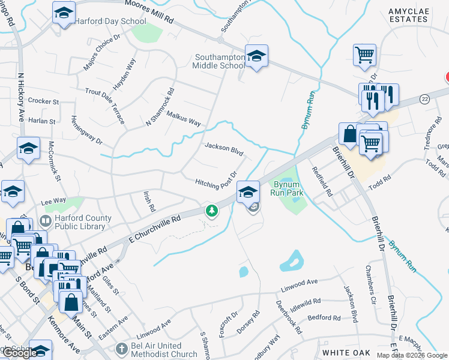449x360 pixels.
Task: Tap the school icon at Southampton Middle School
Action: pyautogui.click(x=257, y=56)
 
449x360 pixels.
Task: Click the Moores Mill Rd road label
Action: pyautogui.click(x=149, y=12)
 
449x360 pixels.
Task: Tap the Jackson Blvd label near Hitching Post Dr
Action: pyautogui.click(x=223, y=148)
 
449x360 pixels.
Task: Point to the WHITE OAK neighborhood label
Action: pyautogui.click(x=346, y=352)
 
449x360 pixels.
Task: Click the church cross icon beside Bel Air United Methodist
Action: pyautogui.click(x=120, y=348)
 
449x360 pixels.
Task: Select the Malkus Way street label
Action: pyautogui.click(x=184, y=118)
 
